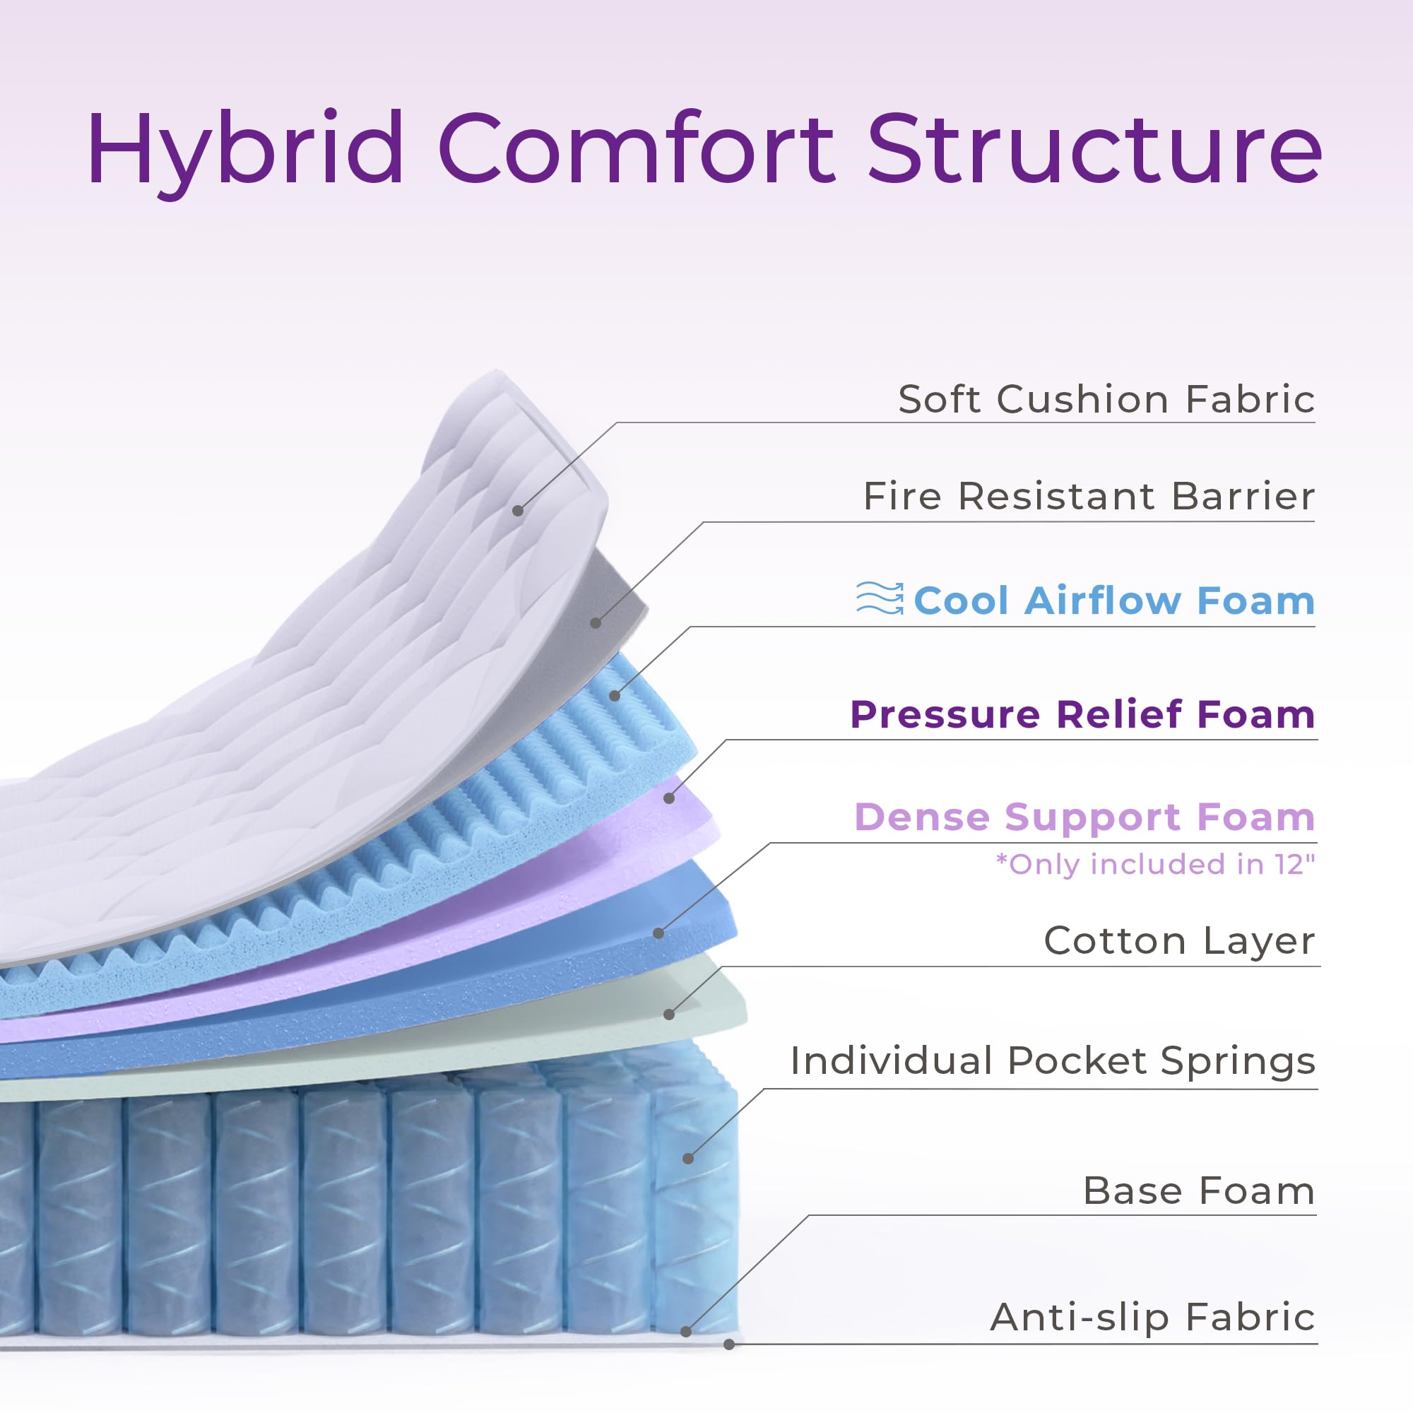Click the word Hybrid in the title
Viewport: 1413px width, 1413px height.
[x=245, y=150]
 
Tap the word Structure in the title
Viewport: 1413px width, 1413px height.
[x=1094, y=150]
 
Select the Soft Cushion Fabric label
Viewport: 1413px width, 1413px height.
[x=1106, y=399]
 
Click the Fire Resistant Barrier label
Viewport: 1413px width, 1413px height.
[x=1088, y=497]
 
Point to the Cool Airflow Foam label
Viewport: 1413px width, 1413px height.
[x=1114, y=601]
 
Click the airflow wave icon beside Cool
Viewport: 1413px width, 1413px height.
[x=880, y=598]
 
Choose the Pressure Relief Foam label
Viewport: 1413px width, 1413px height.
[x=1082, y=714]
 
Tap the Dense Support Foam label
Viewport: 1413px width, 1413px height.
[x=1084, y=817]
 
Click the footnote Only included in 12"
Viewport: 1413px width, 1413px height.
[x=1155, y=865]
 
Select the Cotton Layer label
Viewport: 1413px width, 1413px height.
[x=1179, y=940]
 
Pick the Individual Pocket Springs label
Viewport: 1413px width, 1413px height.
[x=1053, y=1060]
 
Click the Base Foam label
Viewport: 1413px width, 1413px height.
[x=1199, y=1190]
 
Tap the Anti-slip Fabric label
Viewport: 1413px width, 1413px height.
[x=1152, y=1316]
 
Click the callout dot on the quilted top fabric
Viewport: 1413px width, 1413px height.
[x=518, y=511]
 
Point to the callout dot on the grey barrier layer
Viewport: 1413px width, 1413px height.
[x=596, y=622]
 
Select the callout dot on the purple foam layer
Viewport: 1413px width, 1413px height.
[x=668, y=798]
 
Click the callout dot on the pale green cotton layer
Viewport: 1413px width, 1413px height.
[x=668, y=1015]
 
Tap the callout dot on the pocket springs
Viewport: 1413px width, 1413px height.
[x=688, y=1159]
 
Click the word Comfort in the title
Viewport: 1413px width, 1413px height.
[x=635, y=150]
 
